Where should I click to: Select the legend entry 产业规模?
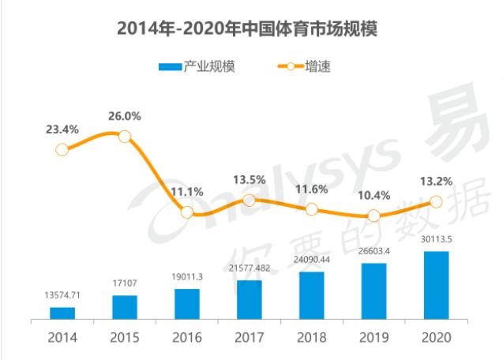click(x=197, y=67)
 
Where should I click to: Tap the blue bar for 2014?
click(x=62, y=313)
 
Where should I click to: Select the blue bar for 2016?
click(x=187, y=304)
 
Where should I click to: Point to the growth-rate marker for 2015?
click(x=125, y=137)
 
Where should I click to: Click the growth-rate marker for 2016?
click(x=187, y=212)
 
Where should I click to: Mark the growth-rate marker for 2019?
click(x=374, y=216)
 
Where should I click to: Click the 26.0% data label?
click(x=125, y=116)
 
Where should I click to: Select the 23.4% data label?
click(x=62, y=129)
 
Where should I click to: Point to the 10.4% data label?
click(x=374, y=195)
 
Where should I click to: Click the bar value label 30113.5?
click(x=436, y=240)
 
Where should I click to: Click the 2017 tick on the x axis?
click(x=250, y=338)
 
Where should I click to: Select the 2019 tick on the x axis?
click(x=374, y=338)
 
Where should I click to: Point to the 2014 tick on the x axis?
click(x=62, y=338)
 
